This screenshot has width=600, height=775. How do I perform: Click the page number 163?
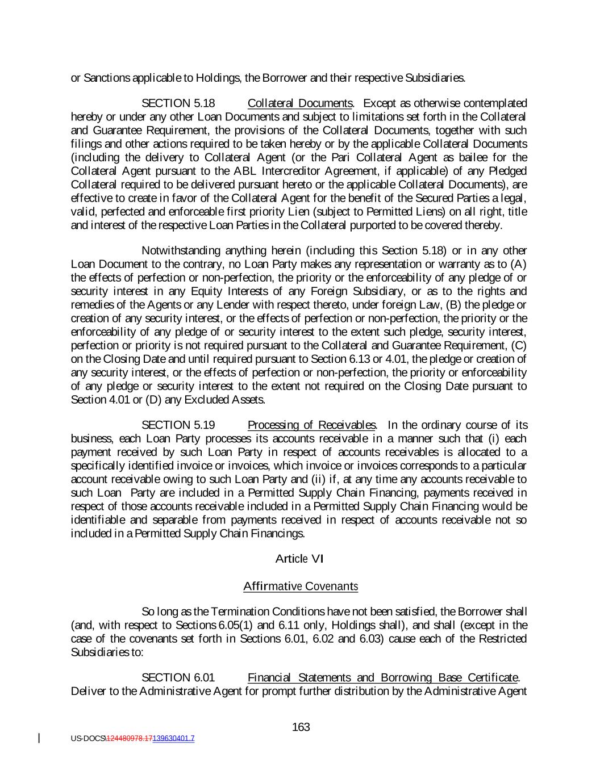tap(301, 727)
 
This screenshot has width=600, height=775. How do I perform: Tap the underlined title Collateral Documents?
tap(301, 103)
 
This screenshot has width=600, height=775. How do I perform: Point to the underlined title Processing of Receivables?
tap(311, 425)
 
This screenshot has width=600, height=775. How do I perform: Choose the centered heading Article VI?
tap(299, 559)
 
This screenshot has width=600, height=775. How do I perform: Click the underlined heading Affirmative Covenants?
tap(300, 586)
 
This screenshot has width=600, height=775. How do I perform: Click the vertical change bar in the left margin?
tap(39, 738)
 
